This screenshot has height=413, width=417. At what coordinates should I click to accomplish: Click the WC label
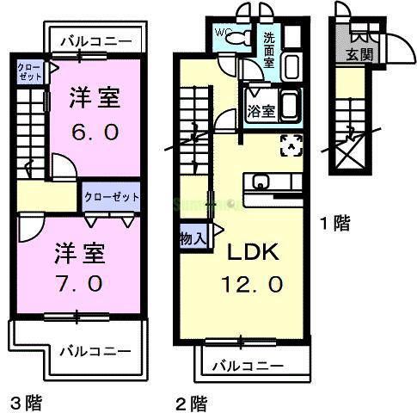point(222,34)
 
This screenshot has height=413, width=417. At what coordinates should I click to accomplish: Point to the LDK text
point(251,254)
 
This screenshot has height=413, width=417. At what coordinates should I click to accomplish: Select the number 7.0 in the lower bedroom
point(80,282)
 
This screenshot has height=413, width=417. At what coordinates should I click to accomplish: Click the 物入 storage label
point(192,237)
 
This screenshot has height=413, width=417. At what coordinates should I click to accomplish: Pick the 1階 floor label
point(334,224)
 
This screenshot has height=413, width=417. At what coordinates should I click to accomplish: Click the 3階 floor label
point(26,401)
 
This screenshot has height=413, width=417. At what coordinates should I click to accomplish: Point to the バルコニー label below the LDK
point(248,365)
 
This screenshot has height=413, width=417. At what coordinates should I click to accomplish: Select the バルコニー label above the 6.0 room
point(96,40)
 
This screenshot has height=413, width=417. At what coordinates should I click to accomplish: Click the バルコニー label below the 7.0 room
point(95,351)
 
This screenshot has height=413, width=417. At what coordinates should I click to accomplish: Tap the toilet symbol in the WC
point(242,36)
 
